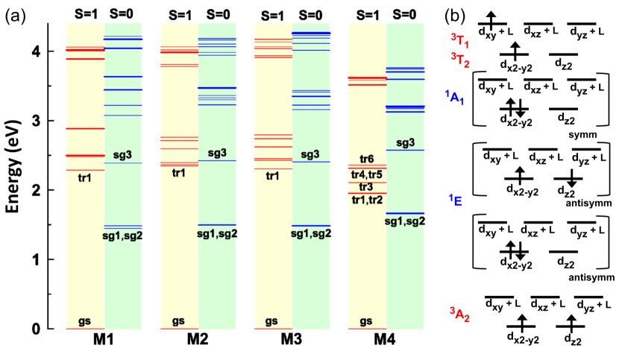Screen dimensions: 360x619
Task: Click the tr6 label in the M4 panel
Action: click(366, 160)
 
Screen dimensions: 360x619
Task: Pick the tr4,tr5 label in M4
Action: click(366, 174)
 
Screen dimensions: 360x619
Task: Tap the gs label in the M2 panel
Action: click(178, 321)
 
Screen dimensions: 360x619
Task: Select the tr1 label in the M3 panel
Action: click(272, 176)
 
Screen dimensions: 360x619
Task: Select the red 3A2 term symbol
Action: click(459, 312)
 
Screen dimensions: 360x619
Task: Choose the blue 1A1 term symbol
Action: click(456, 96)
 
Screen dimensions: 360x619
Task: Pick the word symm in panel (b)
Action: click(576, 135)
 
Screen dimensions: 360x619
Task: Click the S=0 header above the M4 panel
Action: click(405, 14)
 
